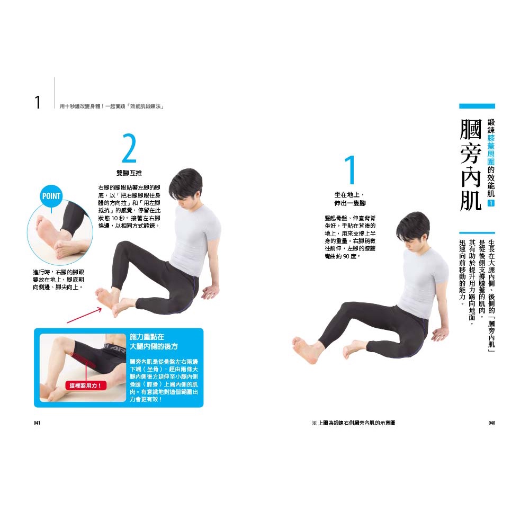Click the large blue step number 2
point(129,148)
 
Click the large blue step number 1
point(350,169)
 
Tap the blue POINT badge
point(51,196)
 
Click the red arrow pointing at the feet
point(84,315)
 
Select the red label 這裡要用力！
point(85,385)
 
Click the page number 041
point(37,423)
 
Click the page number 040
point(491,423)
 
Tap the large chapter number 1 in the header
point(38,102)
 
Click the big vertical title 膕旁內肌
point(471,165)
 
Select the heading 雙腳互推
point(129,173)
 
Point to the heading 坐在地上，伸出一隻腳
point(350,199)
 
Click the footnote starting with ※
point(354,423)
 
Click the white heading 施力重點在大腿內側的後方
point(154,342)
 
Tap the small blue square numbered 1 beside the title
point(491,203)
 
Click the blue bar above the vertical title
point(477,106)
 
